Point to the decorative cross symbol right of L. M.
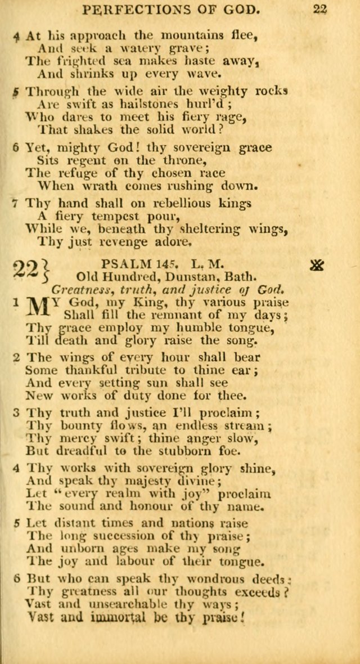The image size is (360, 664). (317, 263)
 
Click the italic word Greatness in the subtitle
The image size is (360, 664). (77, 289)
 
